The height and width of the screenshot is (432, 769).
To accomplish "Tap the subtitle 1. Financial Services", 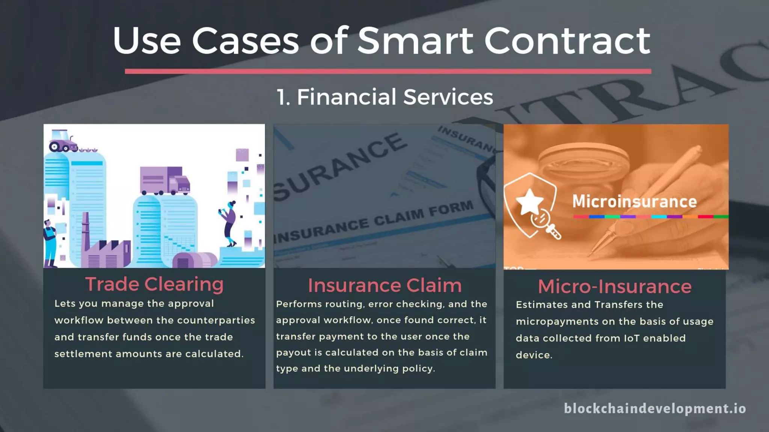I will pos(384,97).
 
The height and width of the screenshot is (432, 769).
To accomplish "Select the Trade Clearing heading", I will pos(154,284).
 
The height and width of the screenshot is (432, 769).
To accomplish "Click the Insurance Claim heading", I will pos(384,285).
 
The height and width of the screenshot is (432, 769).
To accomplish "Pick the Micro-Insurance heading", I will pos(614,286).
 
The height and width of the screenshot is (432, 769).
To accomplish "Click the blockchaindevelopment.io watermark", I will pos(655,408).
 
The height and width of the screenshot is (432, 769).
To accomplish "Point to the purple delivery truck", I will pos(164,181).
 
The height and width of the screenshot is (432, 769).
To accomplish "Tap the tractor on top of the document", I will pos(62,141).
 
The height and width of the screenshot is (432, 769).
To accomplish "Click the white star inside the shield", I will pos(529,201).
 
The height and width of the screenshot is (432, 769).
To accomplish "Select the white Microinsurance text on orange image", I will pos(634,201).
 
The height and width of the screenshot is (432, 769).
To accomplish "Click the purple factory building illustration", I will pos(105,249).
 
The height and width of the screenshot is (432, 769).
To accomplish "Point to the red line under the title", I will pos(388,71).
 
